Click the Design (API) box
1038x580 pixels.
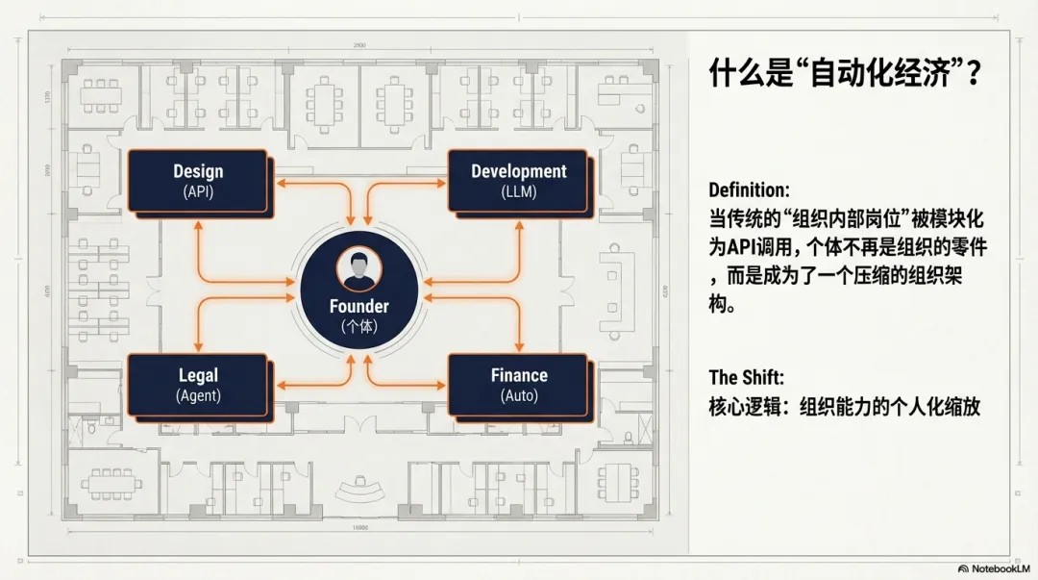197,180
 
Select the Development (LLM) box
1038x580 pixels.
518,180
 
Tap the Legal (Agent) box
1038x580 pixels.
197,384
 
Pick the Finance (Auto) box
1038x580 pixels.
518,384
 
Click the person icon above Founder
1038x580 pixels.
359,270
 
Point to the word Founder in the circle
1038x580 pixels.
359,307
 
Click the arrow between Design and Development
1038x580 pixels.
358,180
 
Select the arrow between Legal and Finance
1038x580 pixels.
358,384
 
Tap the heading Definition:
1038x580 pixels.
749,189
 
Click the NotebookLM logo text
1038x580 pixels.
994,568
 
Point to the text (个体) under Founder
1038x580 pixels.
359,327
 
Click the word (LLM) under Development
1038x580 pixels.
519,191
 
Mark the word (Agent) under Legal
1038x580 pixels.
198,395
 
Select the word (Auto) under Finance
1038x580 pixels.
519,395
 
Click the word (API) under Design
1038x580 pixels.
198,191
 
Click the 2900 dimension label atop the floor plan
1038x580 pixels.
358,45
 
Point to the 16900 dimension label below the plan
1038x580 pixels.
359,528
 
